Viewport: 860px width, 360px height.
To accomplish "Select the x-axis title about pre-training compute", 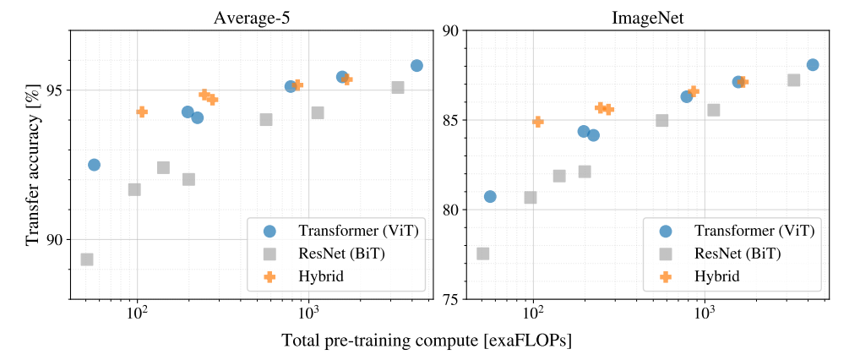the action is click(x=427, y=341).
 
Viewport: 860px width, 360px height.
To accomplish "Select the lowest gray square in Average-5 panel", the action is click(x=87, y=259).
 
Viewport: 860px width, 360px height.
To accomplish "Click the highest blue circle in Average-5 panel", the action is click(x=416, y=66).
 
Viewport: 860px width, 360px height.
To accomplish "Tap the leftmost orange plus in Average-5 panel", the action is click(x=142, y=112).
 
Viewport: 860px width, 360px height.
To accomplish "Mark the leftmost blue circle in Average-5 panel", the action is click(x=95, y=165).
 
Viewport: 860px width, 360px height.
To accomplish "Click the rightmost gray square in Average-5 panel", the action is click(x=398, y=87).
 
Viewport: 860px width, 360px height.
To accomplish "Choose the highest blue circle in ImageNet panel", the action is click(x=813, y=65).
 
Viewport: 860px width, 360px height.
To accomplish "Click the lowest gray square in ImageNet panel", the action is click(x=482, y=254).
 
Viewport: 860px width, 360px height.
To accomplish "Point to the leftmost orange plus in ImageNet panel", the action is click(x=538, y=122).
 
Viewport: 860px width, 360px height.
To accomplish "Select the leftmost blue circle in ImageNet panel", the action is click(x=490, y=196).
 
